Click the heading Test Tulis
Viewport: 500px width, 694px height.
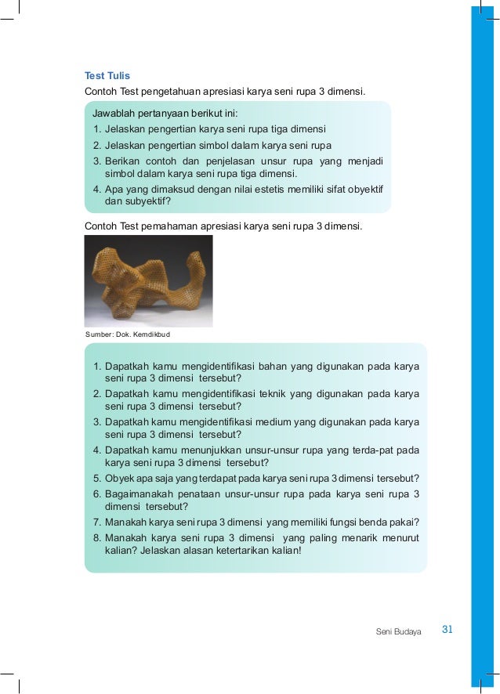107,76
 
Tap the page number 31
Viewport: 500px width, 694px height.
448,629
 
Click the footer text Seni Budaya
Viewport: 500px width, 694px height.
399,631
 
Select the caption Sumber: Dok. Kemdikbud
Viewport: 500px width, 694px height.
127,335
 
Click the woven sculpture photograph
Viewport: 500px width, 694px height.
148,280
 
